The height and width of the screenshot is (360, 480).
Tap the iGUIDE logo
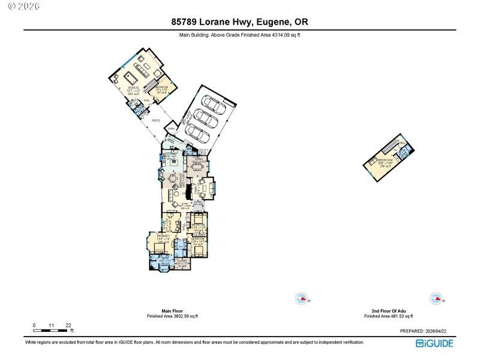pos(434,343)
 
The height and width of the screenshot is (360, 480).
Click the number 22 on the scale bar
pos(68,325)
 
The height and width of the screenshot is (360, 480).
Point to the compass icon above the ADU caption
pos(436,298)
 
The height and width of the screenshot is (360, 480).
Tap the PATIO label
pos(156,121)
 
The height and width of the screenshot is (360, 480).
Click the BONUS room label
pos(133,88)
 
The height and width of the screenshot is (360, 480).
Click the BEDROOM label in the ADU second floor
pos(384,160)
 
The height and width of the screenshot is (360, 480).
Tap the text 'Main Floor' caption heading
pos(172,311)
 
